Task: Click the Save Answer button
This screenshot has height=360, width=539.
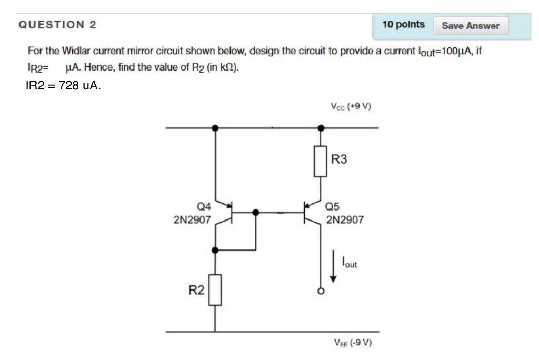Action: [x=471, y=25]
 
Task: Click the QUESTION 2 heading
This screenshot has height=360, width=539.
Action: [x=57, y=25]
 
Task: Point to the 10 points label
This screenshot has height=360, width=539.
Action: [x=403, y=24]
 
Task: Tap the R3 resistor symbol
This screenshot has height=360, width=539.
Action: [x=321, y=161]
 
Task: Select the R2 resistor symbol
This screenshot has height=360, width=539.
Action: [x=215, y=289]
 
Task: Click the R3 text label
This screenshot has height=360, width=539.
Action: [x=340, y=159]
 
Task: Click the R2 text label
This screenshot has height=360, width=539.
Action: [x=196, y=289]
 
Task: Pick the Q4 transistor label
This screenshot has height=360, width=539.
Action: [x=202, y=208]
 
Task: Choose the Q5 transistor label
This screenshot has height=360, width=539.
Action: [x=334, y=208]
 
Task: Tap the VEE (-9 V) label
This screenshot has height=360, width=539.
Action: [x=353, y=343]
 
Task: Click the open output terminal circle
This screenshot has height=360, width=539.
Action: [x=321, y=291]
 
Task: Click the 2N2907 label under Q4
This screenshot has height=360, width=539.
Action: [x=192, y=220]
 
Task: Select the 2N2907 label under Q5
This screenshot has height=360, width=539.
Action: [x=345, y=220]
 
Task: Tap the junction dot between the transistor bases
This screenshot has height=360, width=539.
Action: [x=256, y=213]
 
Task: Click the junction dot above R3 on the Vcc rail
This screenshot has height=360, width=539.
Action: [x=321, y=127]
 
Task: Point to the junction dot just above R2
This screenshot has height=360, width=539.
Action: [x=215, y=249]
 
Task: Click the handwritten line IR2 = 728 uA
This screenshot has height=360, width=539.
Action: [x=63, y=86]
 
